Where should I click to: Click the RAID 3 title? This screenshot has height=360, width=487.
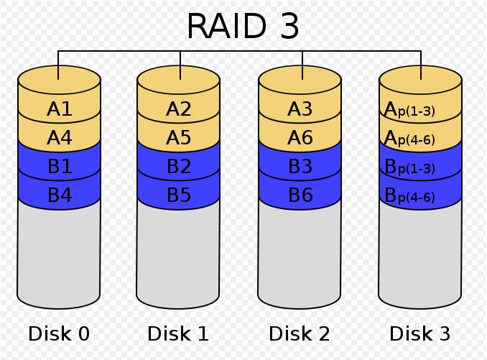click(243, 26)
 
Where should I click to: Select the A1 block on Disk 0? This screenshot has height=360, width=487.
click(60, 109)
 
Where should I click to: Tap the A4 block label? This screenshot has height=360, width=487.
click(60, 137)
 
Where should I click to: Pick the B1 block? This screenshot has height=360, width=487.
click(60, 166)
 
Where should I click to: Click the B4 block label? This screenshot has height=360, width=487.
click(60, 195)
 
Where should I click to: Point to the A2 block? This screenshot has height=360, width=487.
click(179, 109)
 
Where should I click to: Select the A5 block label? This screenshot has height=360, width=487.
click(179, 137)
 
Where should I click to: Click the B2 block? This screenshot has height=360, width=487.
click(179, 166)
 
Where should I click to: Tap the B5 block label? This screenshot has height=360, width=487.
click(179, 195)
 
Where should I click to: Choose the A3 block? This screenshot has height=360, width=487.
click(300, 109)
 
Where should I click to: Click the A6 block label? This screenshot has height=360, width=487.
click(300, 137)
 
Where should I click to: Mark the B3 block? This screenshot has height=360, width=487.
click(300, 166)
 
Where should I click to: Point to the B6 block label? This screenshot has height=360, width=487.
click(300, 195)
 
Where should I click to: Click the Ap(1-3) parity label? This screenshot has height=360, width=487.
click(409, 110)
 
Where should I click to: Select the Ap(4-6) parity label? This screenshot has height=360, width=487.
click(409, 138)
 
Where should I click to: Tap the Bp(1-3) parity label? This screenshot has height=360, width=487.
click(409, 167)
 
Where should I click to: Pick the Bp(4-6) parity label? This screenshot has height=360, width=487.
click(409, 195)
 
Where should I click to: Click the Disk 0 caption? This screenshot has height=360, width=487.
click(59, 333)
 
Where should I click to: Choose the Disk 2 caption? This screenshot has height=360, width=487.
click(299, 333)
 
